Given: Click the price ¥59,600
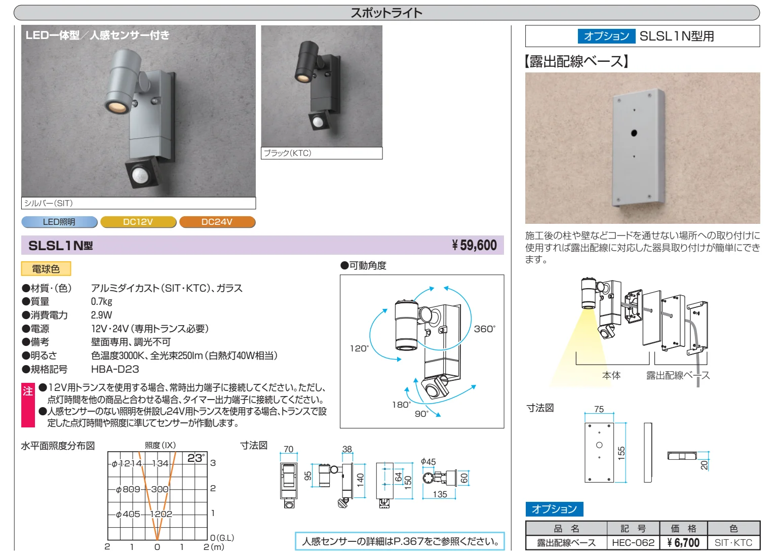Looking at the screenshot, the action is (x=474, y=245).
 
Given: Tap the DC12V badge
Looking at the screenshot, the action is (x=138, y=222).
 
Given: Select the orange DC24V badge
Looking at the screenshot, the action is (x=217, y=222).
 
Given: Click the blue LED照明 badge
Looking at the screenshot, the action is (x=59, y=222).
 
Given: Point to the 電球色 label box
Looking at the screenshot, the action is (x=46, y=269).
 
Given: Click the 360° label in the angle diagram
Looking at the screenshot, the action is (x=485, y=329).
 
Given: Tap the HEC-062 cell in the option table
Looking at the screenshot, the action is (x=633, y=542).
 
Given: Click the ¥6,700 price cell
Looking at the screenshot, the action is (x=683, y=542).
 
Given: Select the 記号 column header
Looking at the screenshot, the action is (x=633, y=528).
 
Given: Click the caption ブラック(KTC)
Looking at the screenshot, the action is (x=288, y=153).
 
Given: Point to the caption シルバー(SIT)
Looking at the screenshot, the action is (x=48, y=203).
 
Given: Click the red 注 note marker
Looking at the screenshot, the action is (x=28, y=405).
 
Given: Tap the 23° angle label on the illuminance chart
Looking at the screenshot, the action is (x=196, y=458).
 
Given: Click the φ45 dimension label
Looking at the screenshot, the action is (x=428, y=462).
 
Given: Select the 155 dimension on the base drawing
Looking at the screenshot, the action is (x=621, y=453).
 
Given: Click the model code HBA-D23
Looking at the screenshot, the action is (x=115, y=369).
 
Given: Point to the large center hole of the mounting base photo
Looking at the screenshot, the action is (x=634, y=133).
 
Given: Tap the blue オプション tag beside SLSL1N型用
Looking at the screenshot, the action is (x=606, y=36).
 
